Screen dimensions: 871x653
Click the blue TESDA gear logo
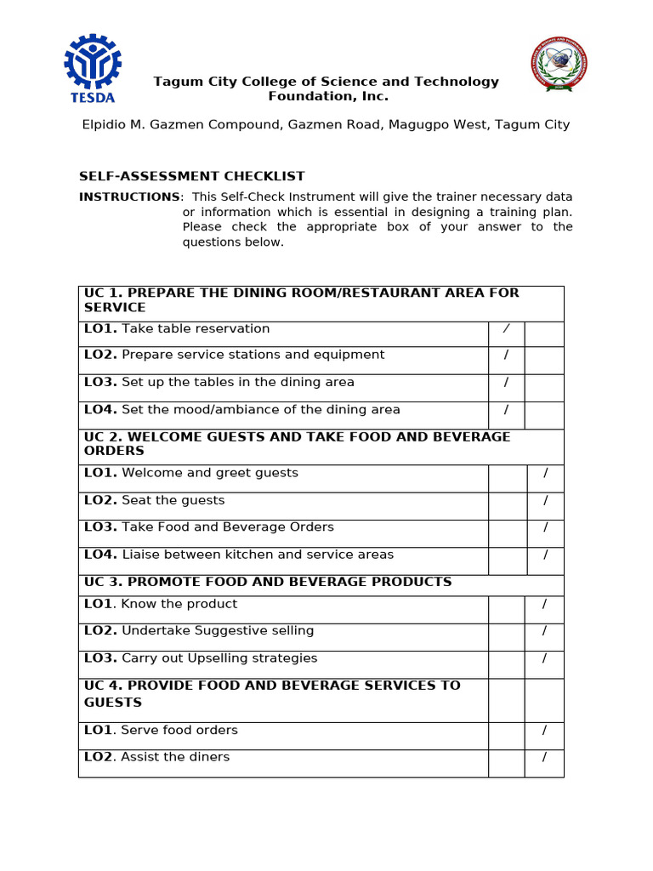pyautogui.click(x=94, y=67)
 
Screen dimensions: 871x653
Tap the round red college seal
pyautogui.click(x=558, y=65)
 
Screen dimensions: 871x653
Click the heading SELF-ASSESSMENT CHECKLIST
pyautogui.click(x=192, y=177)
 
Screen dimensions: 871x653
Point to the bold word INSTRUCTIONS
pyautogui.click(x=129, y=197)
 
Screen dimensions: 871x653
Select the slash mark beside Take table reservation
pyautogui.click(x=506, y=329)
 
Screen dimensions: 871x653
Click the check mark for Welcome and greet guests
pyautogui.click(x=546, y=473)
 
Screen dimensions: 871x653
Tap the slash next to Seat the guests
pyautogui.click(x=546, y=500)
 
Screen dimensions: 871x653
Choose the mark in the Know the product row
pyautogui.click(x=545, y=604)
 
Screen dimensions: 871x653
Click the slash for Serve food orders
pyautogui.click(x=545, y=730)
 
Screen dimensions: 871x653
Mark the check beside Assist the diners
pyautogui.click(x=545, y=757)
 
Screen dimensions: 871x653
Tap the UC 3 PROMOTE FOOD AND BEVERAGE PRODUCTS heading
pyautogui.click(x=268, y=582)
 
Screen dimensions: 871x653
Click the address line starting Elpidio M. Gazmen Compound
pyautogui.click(x=326, y=125)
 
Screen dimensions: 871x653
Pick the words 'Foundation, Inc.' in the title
pyautogui.click(x=328, y=97)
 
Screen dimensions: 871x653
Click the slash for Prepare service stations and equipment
pyautogui.click(x=506, y=355)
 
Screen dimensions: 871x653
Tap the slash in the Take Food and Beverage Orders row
pyautogui.click(x=546, y=527)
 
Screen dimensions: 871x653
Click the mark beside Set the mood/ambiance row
pyautogui.click(x=506, y=410)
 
